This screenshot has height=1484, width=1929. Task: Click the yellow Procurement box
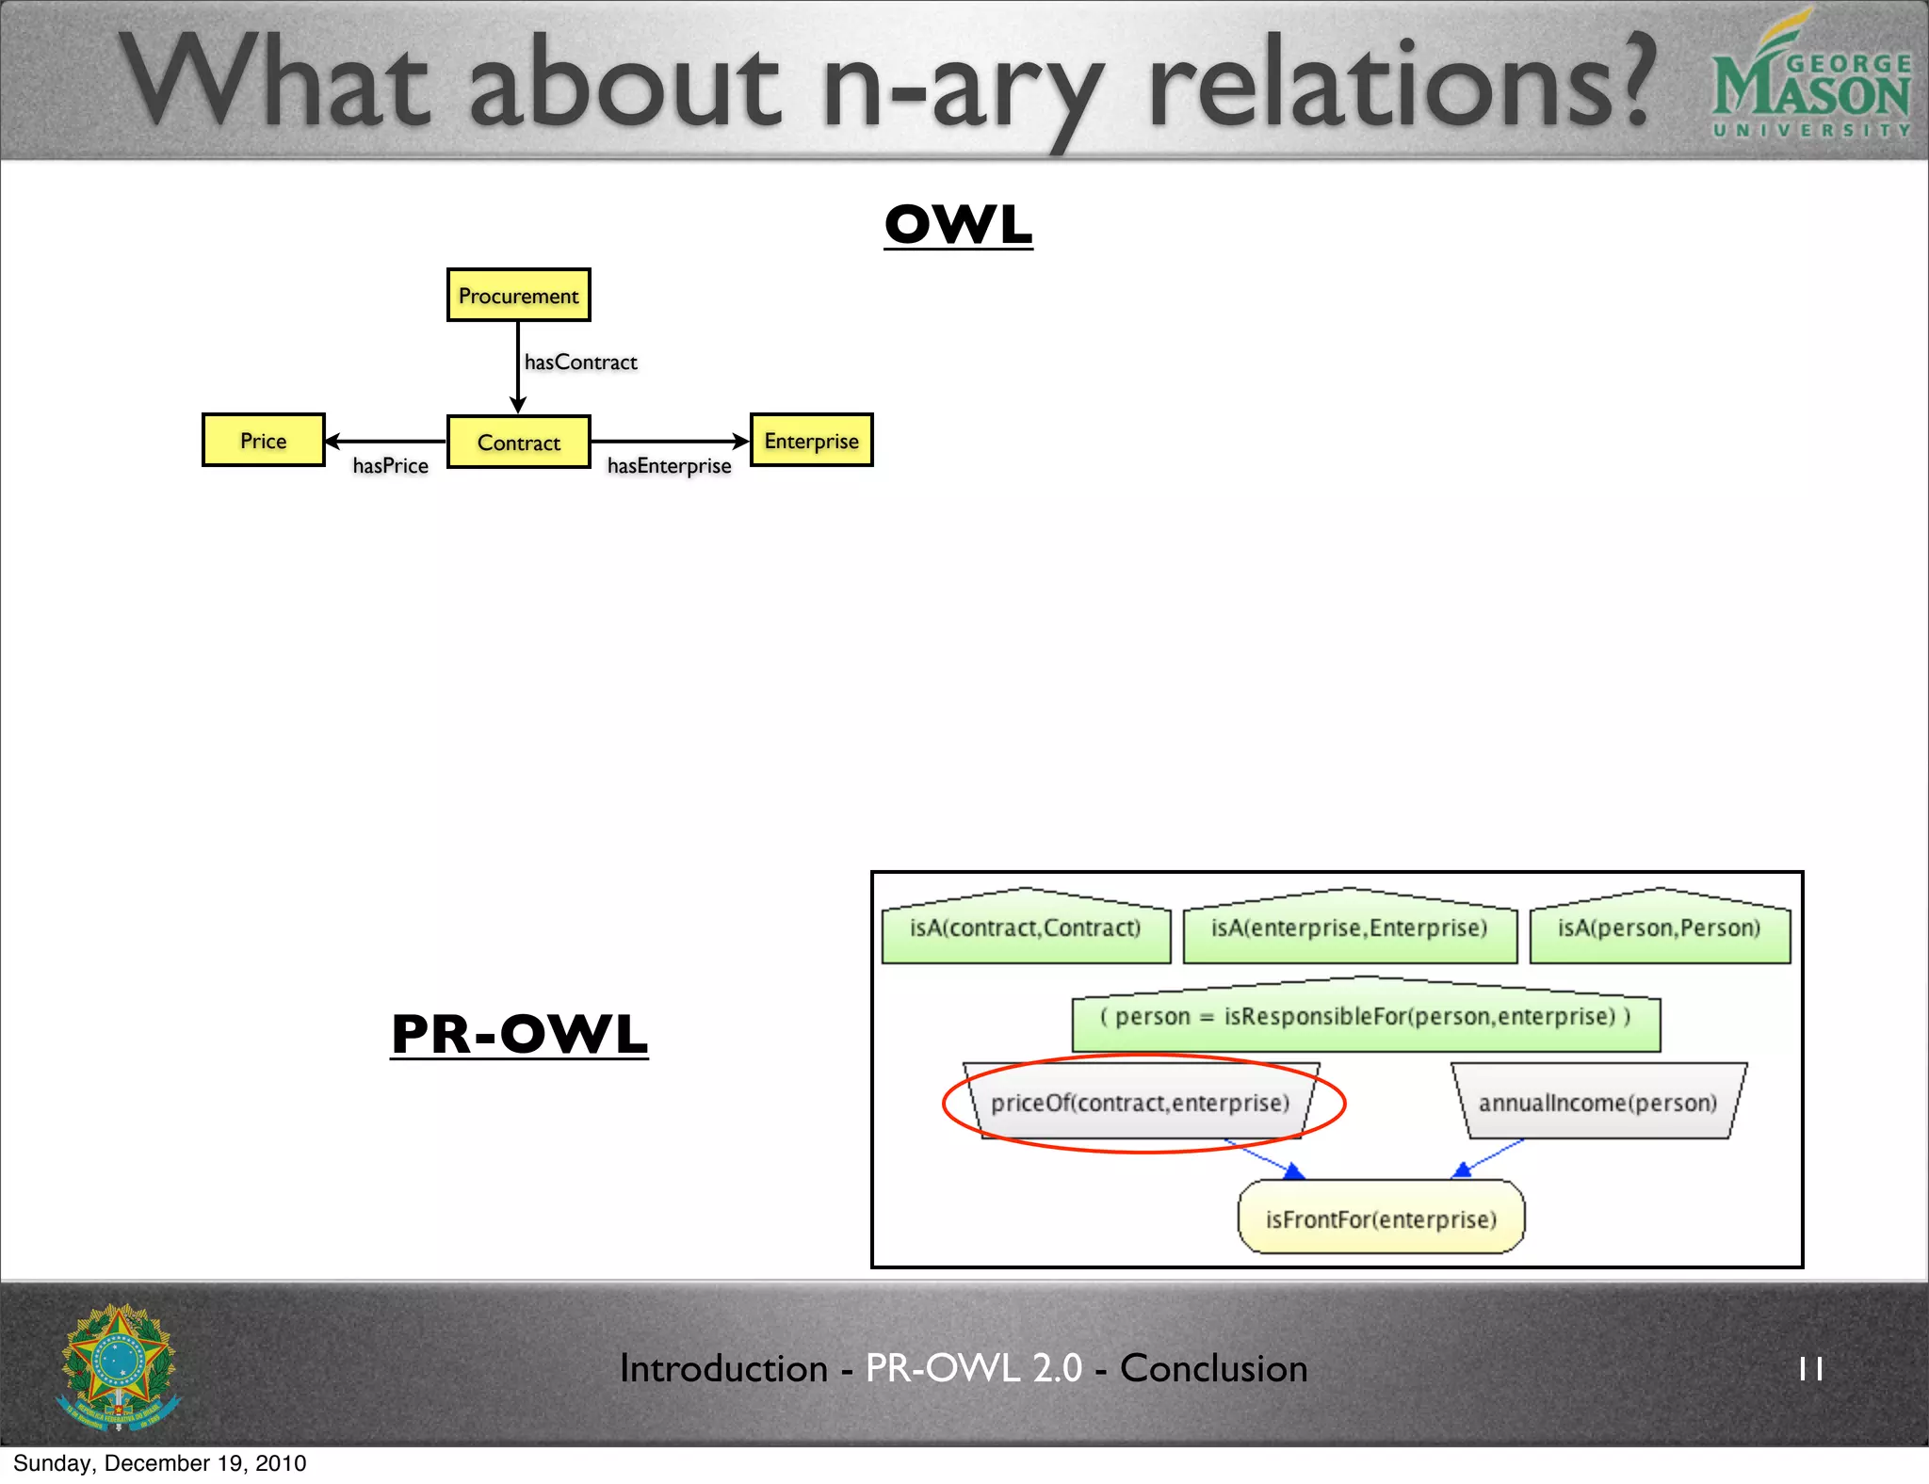518,296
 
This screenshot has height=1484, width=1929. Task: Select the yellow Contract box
518,442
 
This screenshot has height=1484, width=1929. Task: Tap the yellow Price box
263,441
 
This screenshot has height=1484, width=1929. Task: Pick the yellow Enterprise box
811,441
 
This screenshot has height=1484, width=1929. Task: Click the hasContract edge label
580,363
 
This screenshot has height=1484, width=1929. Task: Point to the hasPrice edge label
390,466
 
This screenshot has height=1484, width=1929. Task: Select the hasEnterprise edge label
669,466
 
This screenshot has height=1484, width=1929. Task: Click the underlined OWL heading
958,225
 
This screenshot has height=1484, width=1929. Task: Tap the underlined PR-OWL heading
519,1034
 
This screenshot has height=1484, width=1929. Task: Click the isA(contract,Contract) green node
1025,928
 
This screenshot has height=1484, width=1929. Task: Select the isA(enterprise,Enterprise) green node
1349,928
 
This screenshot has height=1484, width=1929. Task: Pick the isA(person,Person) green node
1659,928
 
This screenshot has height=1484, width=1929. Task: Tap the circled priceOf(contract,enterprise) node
1140,1103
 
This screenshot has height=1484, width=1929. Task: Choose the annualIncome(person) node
1597,1103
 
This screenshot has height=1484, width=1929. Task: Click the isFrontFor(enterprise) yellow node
1381,1219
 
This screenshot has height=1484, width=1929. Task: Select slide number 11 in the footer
1810,1368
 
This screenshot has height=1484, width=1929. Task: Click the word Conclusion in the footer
1213,1368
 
